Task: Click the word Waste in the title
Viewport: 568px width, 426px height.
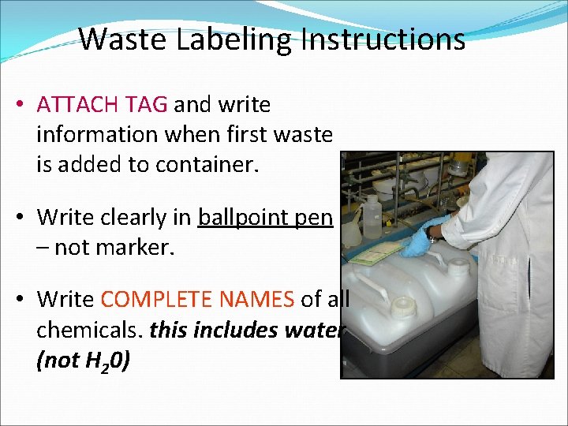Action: pyautogui.click(x=125, y=38)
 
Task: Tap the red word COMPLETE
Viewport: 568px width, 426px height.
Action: pyautogui.click(x=158, y=300)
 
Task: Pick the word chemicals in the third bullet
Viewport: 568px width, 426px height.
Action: pyautogui.click(x=87, y=330)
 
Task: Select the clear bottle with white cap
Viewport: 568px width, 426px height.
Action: pyautogui.click(x=373, y=216)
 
